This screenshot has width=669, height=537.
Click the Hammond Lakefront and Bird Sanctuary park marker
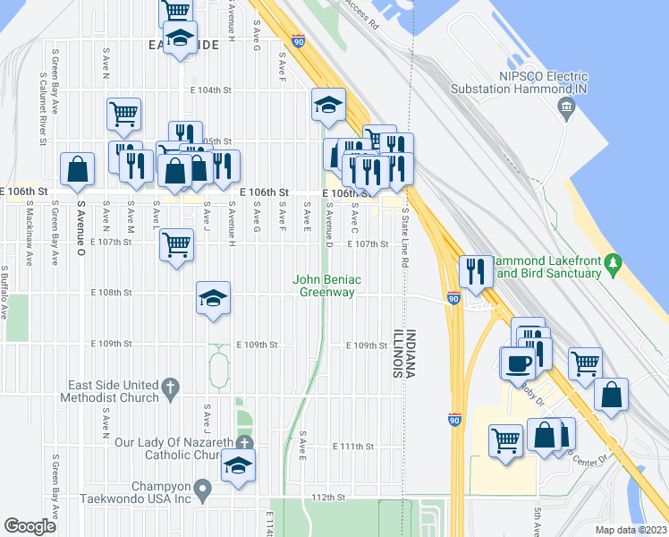click(x=614, y=264)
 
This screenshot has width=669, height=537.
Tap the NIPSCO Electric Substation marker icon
click(x=564, y=109)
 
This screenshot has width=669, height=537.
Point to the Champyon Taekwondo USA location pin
click(x=202, y=490)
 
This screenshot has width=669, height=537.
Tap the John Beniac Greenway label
click(x=327, y=286)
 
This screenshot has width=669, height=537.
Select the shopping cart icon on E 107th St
click(x=177, y=243)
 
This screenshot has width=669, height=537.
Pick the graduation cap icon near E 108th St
click(x=213, y=299)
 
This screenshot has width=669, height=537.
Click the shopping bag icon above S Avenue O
click(x=78, y=168)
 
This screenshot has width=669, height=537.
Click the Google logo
click(x=30, y=526)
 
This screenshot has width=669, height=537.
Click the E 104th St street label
click(x=210, y=90)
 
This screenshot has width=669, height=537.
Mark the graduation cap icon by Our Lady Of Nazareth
click(x=238, y=465)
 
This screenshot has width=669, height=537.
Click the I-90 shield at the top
click(x=299, y=40)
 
